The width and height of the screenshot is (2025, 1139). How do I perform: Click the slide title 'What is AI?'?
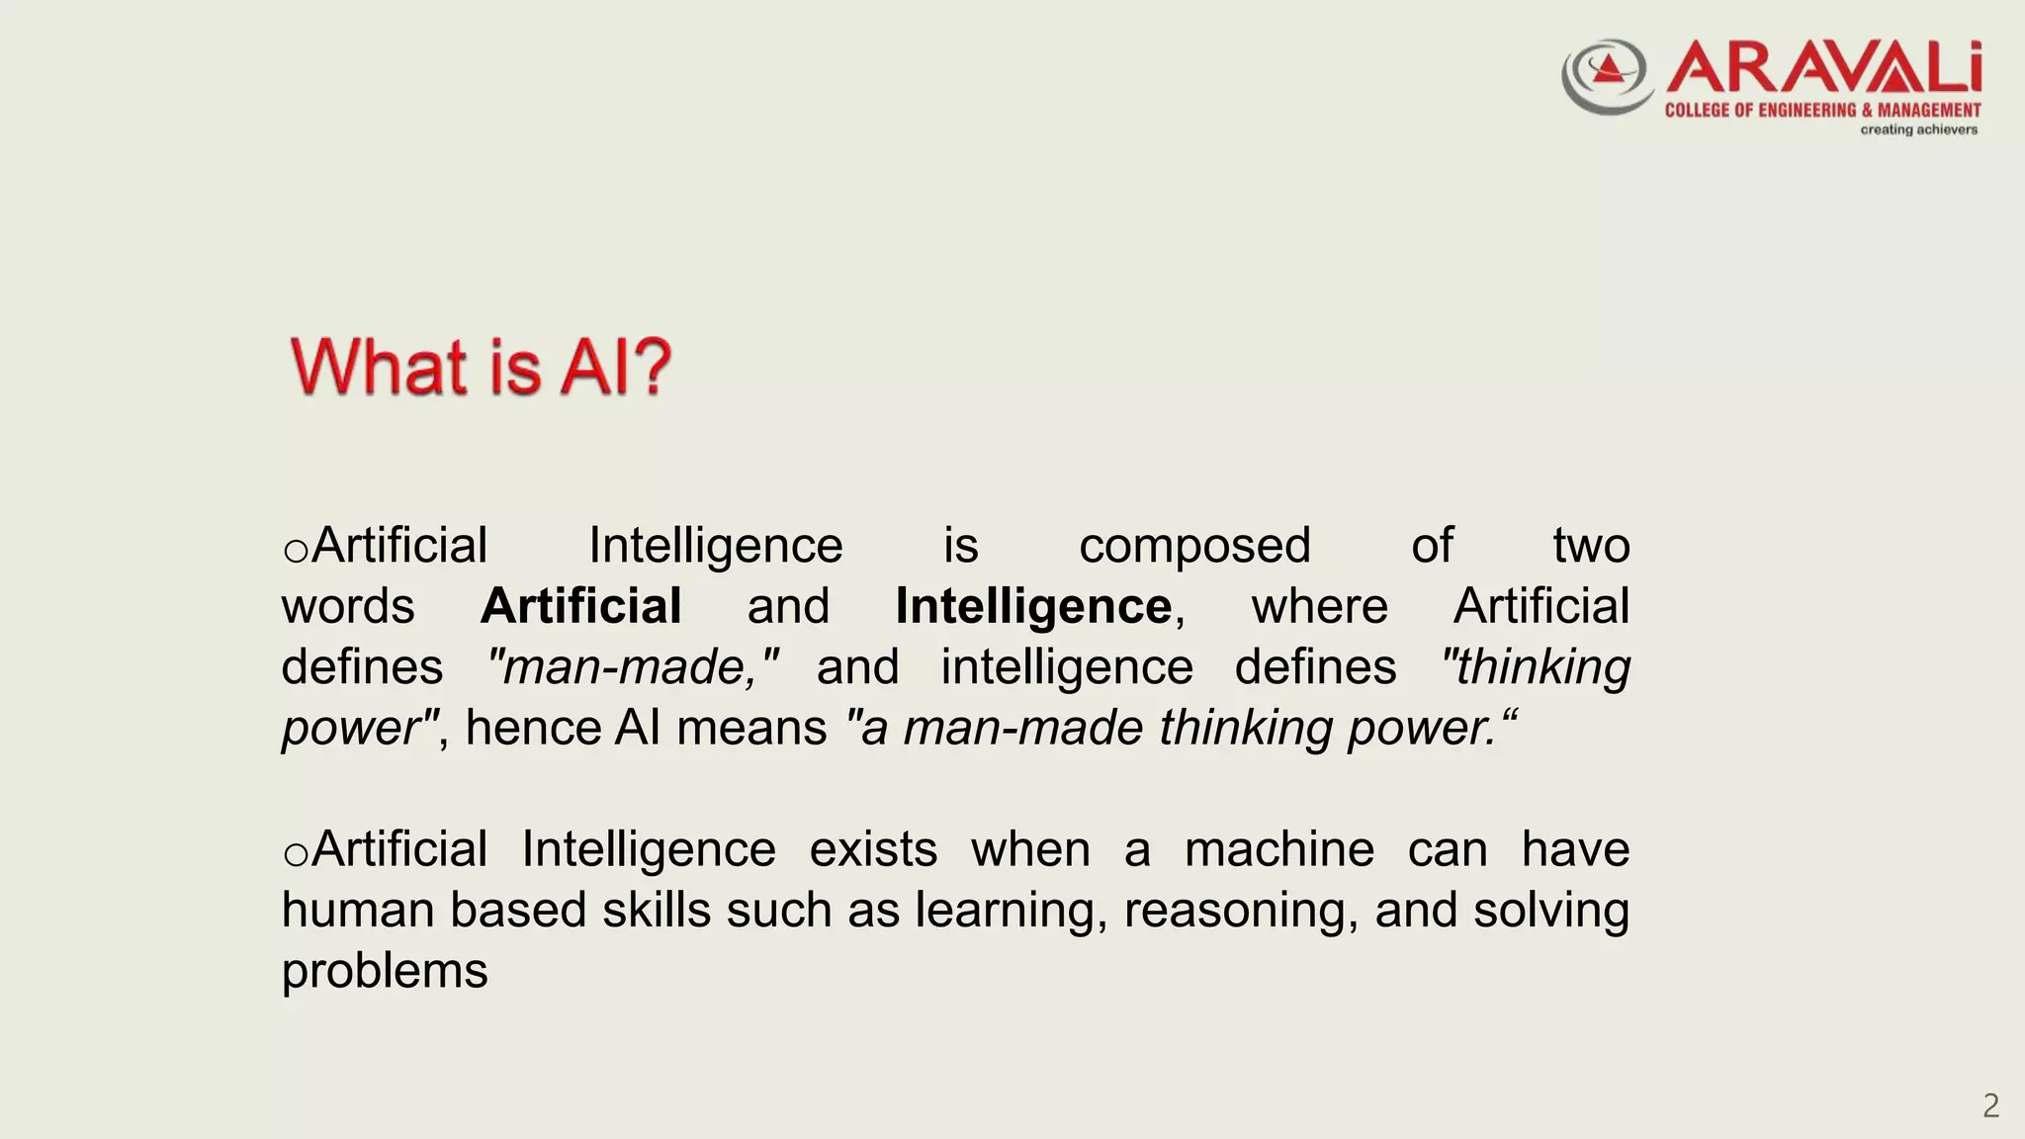(x=482, y=367)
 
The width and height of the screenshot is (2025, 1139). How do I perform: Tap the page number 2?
(x=1990, y=1105)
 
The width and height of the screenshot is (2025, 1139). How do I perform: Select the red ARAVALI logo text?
(x=1824, y=68)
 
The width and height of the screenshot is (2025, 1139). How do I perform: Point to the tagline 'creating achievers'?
(x=1918, y=130)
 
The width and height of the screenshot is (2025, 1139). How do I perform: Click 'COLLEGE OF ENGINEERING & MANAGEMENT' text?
(x=1822, y=110)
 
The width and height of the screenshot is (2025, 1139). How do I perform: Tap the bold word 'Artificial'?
(x=581, y=606)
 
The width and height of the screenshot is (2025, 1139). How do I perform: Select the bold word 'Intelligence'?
(x=1033, y=606)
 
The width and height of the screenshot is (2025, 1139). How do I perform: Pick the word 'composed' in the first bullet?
(x=1194, y=546)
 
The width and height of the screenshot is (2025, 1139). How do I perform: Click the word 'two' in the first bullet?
(x=1590, y=546)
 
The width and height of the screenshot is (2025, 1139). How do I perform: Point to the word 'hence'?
(x=533, y=729)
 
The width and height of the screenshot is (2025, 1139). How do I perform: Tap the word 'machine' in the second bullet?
(x=1279, y=849)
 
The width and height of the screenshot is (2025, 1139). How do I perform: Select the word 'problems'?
(x=385, y=972)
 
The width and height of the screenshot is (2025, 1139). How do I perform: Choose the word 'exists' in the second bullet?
(x=873, y=849)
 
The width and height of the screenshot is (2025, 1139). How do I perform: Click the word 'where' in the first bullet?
(x=1319, y=606)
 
